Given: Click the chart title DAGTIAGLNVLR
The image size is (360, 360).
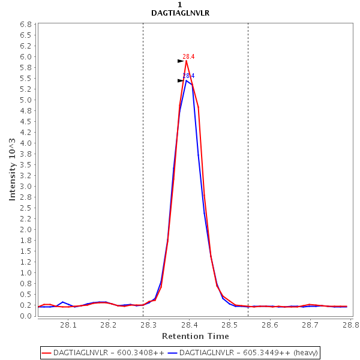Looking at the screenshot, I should pos(180,13).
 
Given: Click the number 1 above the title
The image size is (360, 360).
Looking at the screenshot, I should pos(180,5).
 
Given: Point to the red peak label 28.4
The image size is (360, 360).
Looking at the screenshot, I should pos(188,56).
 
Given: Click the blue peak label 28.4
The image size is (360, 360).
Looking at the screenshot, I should pos(188,76).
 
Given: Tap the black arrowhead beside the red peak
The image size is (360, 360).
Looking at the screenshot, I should pos(181,61).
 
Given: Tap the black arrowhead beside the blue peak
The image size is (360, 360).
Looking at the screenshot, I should pos(181,80).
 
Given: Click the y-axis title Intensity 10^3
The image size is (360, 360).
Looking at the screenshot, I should pos(13,169).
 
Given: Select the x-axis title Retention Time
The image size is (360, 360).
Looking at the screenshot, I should pos(195,336).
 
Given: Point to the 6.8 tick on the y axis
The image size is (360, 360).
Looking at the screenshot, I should pos(26,25).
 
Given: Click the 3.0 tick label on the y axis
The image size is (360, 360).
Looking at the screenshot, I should pos(26,187).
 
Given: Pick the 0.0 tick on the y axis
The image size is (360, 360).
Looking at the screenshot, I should pos(26,316).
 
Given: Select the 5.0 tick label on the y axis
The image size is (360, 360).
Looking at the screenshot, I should pos(26,100).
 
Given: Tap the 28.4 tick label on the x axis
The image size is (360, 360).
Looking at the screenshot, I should pos(190,325).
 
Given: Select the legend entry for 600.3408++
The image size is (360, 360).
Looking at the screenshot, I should pos(103,352).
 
